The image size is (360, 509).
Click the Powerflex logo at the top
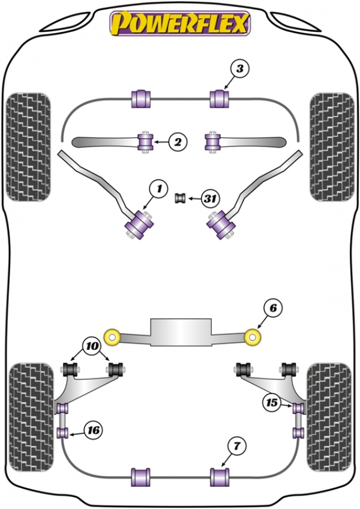(x=180, y=23)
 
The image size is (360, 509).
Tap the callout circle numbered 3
(x=239, y=69)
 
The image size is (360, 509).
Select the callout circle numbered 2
(x=178, y=142)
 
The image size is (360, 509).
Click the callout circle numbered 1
(x=158, y=189)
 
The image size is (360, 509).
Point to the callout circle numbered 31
(x=211, y=198)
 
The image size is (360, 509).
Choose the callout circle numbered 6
(x=273, y=308)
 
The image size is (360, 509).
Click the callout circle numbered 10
(x=92, y=346)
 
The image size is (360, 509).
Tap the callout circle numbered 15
(x=272, y=403)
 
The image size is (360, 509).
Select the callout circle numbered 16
(x=93, y=430)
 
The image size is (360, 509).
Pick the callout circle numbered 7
(x=236, y=447)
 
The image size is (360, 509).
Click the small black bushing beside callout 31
(x=180, y=198)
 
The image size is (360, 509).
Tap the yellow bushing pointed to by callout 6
(x=253, y=337)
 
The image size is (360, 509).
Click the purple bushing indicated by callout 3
(x=220, y=98)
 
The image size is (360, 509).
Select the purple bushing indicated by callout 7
(x=220, y=477)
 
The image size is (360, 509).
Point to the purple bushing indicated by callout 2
(x=145, y=142)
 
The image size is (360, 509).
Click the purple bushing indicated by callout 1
(x=140, y=225)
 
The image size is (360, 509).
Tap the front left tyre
(x=28, y=148)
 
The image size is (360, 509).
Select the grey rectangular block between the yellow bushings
(x=181, y=332)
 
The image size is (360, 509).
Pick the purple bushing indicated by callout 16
(x=62, y=433)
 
